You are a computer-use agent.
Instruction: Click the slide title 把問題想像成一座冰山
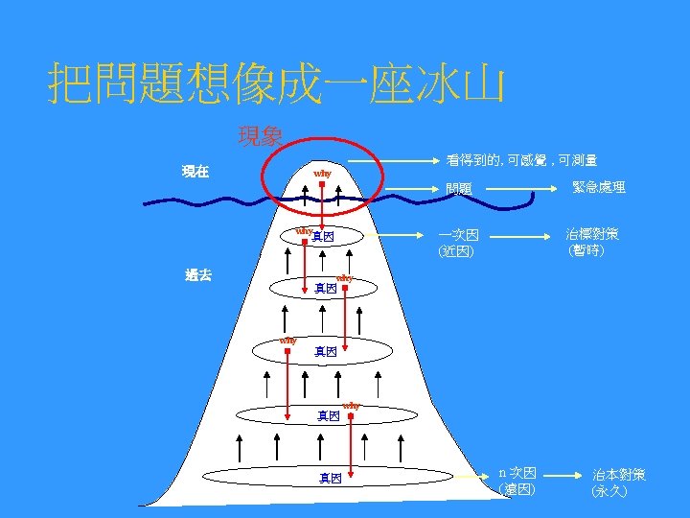[x=276, y=85]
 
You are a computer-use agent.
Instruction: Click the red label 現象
[x=260, y=137]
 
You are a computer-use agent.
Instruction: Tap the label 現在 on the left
[x=196, y=172]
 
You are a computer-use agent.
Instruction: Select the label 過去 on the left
[x=198, y=275]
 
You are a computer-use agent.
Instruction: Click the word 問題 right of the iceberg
[x=459, y=189]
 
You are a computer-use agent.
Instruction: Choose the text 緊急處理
[x=599, y=187]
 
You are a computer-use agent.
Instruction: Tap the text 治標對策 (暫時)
[x=591, y=242]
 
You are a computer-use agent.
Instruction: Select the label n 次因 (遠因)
[x=518, y=481]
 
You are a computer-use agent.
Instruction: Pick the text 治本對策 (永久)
[x=618, y=482]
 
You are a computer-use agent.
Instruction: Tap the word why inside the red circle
[x=322, y=174]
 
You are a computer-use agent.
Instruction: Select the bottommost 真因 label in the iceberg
[x=331, y=478]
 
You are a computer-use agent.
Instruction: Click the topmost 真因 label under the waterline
[x=323, y=236]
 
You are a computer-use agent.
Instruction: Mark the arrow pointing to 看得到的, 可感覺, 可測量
[x=388, y=160]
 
